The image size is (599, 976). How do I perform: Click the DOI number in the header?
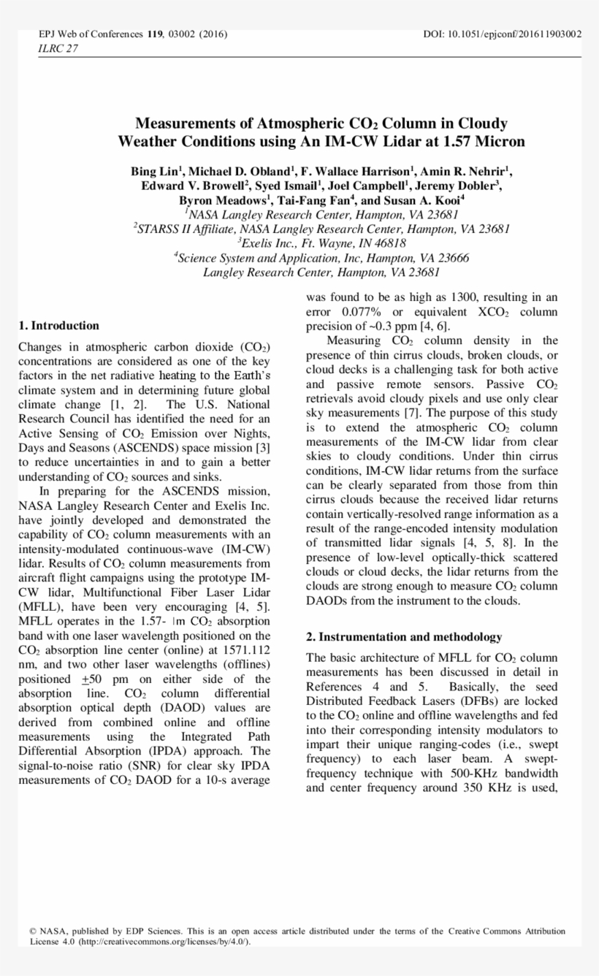point(503,34)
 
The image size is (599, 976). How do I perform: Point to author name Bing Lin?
point(156,172)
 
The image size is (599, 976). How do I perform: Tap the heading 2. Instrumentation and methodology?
point(404,637)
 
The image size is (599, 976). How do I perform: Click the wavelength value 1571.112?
point(245,649)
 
